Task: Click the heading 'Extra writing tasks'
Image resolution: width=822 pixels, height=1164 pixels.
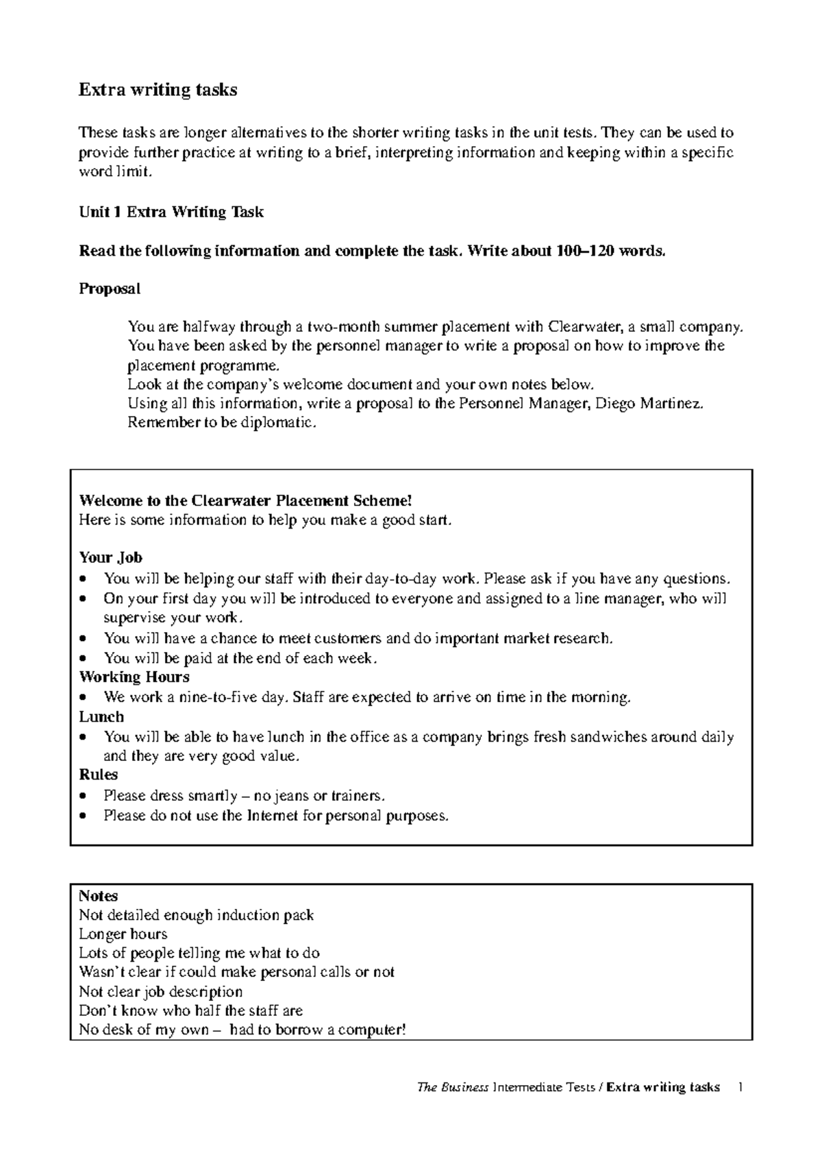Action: [158, 90]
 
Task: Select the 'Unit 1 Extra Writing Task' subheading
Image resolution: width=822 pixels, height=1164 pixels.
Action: [171, 213]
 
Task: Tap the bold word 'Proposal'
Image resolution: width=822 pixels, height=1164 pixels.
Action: [110, 289]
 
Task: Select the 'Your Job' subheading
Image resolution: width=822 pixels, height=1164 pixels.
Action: [110, 557]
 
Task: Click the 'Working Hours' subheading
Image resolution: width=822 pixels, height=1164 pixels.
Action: [134, 677]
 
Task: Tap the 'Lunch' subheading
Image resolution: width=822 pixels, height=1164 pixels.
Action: [101, 717]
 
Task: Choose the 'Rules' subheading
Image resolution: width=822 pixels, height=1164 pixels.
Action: [98, 775]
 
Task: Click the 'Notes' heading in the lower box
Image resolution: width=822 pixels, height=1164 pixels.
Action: [98, 896]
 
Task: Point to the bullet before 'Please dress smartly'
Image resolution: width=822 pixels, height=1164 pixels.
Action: [84, 797]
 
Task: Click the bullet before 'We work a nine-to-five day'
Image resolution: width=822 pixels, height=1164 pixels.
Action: [84, 699]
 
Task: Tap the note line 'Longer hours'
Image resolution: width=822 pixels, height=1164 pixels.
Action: [123, 934]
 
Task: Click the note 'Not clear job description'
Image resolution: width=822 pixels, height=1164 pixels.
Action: [161, 992]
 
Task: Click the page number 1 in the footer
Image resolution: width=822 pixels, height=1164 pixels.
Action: [740, 1087]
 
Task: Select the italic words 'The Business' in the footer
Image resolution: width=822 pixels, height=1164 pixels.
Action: [453, 1087]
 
